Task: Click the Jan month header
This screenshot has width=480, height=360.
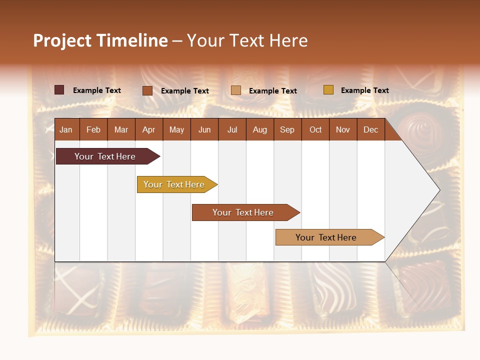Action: click(x=66, y=129)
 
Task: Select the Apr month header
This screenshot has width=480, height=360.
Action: click(x=148, y=129)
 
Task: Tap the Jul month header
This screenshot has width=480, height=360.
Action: click(x=232, y=129)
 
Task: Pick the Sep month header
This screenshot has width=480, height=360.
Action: click(x=287, y=129)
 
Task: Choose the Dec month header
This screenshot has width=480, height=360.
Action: click(x=370, y=129)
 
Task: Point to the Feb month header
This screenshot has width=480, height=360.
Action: click(x=93, y=129)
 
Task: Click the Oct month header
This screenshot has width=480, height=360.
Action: click(x=315, y=129)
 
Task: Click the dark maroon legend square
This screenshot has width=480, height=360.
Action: click(x=59, y=90)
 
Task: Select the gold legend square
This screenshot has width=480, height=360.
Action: click(x=328, y=90)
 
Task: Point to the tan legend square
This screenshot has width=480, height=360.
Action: click(x=236, y=90)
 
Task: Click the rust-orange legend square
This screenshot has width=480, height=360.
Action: click(x=147, y=90)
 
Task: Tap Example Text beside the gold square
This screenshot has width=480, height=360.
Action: click(x=364, y=90)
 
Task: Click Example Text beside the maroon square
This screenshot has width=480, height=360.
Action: click(x=97, y=90)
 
